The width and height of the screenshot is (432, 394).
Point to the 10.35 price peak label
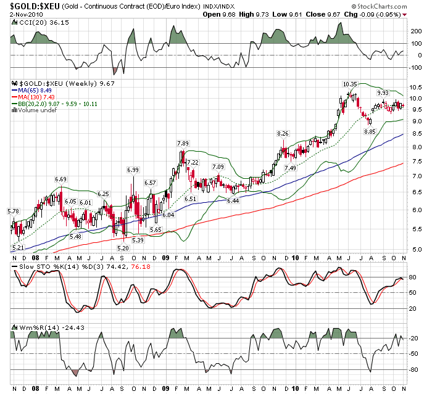350,83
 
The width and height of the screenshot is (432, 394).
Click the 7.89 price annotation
183,144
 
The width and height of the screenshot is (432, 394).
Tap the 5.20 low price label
123,247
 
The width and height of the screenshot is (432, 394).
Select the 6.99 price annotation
133,170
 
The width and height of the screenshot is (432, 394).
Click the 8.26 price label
283,133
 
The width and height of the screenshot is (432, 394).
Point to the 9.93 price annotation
383,92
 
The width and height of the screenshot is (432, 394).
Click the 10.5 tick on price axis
415,86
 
